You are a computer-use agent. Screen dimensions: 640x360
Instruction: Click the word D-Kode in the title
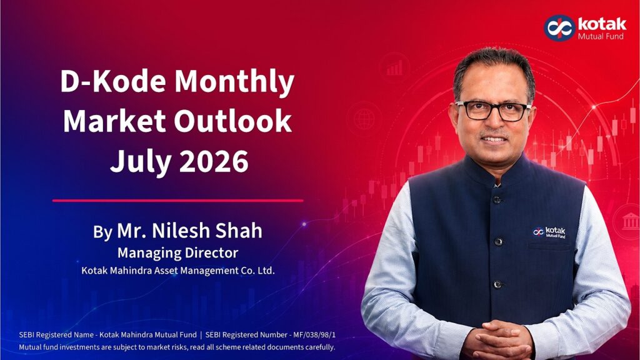113,81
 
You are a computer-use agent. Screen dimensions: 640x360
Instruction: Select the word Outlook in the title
232,121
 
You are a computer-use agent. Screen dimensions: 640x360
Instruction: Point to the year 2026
214,161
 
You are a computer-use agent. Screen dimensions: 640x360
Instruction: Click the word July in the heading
141,162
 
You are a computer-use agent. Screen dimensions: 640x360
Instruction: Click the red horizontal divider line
177,201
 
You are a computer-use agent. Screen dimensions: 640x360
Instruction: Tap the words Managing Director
177,253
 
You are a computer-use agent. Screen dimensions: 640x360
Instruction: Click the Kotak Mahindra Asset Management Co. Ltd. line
178,270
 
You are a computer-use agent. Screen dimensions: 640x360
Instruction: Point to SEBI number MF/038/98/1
314,335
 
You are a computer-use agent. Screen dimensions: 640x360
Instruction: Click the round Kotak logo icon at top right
559,27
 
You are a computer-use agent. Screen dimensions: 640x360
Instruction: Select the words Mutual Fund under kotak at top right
601,36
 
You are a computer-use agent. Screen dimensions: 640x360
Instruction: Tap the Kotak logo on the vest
549,232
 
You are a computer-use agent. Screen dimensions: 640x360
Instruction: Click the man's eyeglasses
492,110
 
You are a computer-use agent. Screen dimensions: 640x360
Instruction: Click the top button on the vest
497,200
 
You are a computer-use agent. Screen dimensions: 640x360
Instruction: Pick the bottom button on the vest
497,284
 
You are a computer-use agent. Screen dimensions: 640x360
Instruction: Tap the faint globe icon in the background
364,119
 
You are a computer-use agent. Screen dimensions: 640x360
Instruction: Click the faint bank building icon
630,222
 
